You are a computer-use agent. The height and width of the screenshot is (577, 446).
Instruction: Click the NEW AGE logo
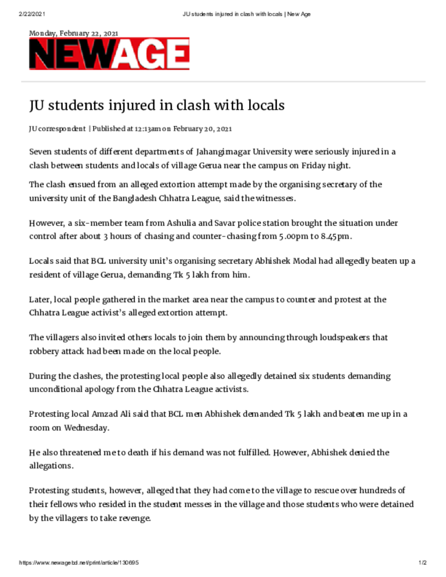pyautogui.click(x=109, y=55)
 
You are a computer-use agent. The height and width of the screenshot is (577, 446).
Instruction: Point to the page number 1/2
pyautogui.click(x=422, y=563)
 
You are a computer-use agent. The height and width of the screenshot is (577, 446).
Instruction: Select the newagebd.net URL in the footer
pyautogui.click(x=79, y=563)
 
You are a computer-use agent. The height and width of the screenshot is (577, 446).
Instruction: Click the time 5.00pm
pyautogui.click(x=290, y=237)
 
